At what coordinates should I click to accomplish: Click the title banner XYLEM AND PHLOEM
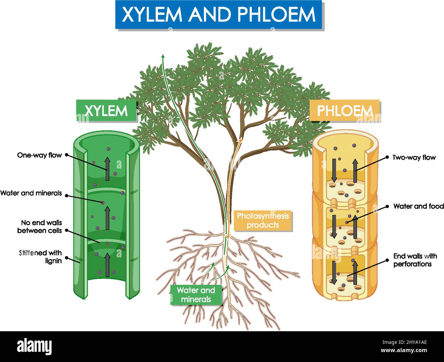point(219,15)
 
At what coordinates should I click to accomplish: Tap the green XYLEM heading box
point(106,111)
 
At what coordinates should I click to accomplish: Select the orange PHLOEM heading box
point(344,111)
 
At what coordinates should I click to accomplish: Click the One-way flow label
point(40,155)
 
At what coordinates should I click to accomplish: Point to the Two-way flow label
point(414,158)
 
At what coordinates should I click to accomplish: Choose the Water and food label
point(418,206)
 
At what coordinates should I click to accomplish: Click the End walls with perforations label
point(415,260)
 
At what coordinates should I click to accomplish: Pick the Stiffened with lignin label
point(40,257)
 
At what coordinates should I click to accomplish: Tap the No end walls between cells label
point(40,227)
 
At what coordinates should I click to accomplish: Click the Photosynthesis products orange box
point(263,220)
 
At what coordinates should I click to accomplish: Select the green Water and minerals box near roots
point(196,295)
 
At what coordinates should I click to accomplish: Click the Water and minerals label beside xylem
point(31,193)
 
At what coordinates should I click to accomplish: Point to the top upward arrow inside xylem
point(107,169)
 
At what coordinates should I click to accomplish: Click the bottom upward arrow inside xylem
point(108,265)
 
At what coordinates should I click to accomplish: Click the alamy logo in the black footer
point(34,346)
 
